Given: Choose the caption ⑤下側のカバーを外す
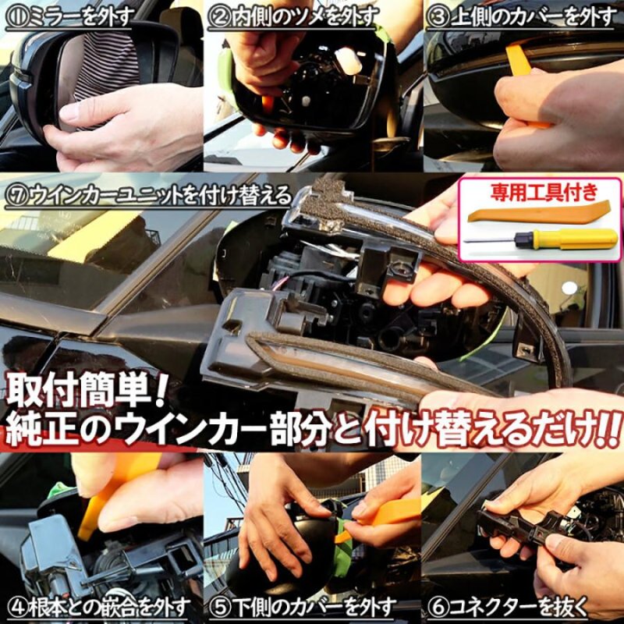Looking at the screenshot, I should point(311,607).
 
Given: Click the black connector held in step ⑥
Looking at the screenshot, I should point(515,519).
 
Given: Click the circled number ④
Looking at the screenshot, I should point(16,607).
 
